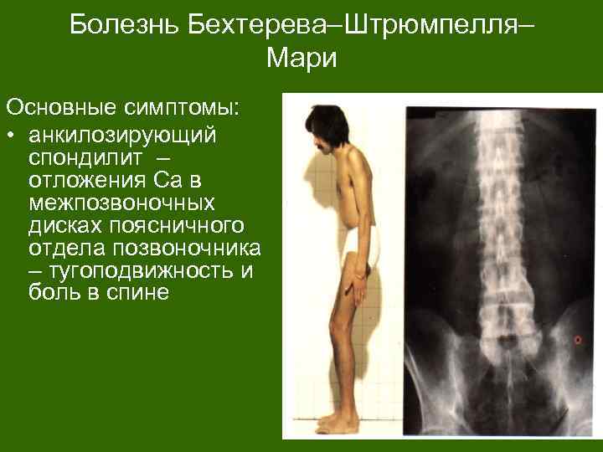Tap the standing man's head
pyautogui.click(x=322, y=126)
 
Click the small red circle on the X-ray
pyautogui.click(x=575, y=339)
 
